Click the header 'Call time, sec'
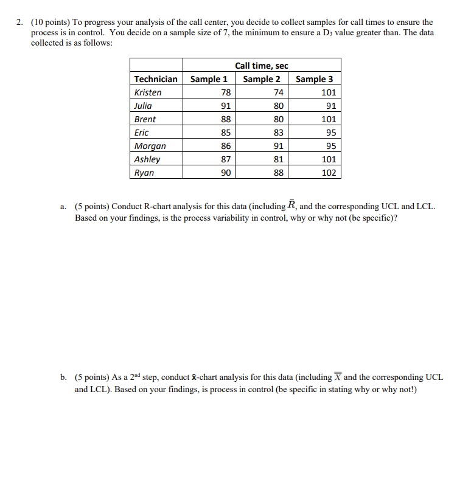click(x=262, y=66)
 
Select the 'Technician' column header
click(x=156, y=79)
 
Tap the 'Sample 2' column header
click(x=262, y=79)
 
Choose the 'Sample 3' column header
click(x=314, y=79)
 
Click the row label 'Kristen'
click(x=148, y=92)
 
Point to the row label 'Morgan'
click(x=150, y=146)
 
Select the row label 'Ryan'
click(x=144, y=173)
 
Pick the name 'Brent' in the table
click(x=145, y=119)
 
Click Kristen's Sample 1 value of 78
click(x=226, y=92)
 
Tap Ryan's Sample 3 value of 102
click(x=328, y=173)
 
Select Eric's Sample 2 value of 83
click(x=278, y=133)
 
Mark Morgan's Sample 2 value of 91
click(x=278, y=146)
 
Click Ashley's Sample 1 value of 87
click(x=226, y=159)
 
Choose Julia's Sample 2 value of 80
click(x=278, y=106)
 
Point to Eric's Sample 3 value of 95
click(x=330, y=133)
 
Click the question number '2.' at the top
click(x=20, y=22)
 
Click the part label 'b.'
click(x=64, y=378)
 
